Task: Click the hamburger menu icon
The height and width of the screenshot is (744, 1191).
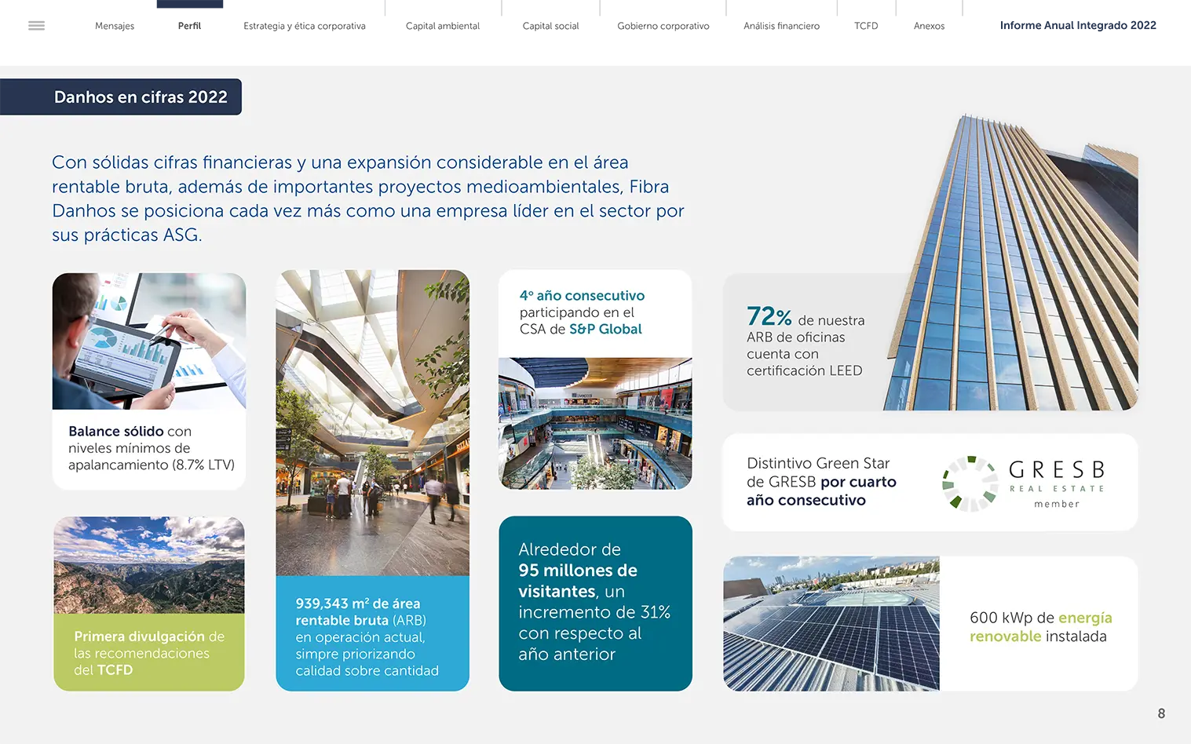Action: (x=36, y=26)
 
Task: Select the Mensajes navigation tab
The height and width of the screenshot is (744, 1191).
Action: (x=115, y=26)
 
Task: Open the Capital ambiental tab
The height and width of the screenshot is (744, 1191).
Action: (x=442, y=26)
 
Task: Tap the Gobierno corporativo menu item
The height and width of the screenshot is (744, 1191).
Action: (x=663, y=26)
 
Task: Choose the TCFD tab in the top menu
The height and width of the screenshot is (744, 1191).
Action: (x=866, y=26)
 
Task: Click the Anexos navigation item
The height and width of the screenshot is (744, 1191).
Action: (x=929, y=26)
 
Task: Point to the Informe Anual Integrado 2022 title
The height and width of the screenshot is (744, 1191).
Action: (x=1078, y=25)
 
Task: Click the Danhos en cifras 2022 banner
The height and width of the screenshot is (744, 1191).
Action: (x=121, y=97)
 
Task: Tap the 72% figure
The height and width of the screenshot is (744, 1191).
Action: (x=769, y=316)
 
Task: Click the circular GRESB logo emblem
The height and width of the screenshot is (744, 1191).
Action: (x=970, y=483)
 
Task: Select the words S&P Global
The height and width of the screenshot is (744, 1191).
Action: (x=605, y=329)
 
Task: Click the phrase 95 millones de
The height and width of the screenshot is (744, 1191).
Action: (x=577, y=571)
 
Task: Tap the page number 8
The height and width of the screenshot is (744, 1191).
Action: (x=1161, y=713)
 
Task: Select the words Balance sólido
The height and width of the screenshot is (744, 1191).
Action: (x=116, y=431)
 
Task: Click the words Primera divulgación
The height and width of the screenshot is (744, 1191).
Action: (x=139, y=636)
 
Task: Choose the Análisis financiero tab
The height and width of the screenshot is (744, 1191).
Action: (x=782, y=26)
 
